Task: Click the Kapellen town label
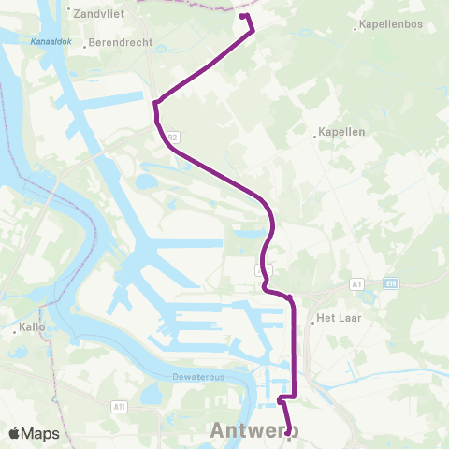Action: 341,133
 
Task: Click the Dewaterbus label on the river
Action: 167,378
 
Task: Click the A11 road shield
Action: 120,406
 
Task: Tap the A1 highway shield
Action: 359,282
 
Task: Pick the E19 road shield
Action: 389,282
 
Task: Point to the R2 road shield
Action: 172,138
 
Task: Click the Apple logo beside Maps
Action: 15,433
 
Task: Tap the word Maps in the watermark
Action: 40,433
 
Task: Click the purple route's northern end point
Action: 242,16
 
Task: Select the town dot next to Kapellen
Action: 314,134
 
